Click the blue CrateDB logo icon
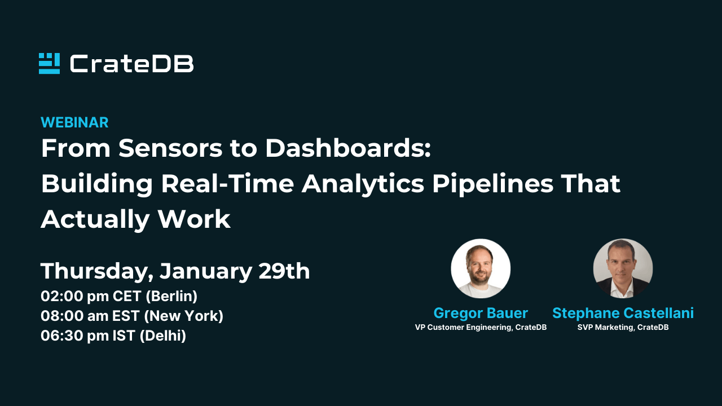[x=49, y=63]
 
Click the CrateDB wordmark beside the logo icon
[x=131, y=64]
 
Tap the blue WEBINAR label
[x=74, y=122]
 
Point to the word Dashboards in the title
[x=348, y=149]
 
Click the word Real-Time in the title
[x=228, y=184]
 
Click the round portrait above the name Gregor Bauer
[x=481, y=268]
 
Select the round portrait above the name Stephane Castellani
[x=623, y=268]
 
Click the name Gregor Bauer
[x=481, y=313]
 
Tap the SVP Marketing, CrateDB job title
[x=623, y=328]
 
